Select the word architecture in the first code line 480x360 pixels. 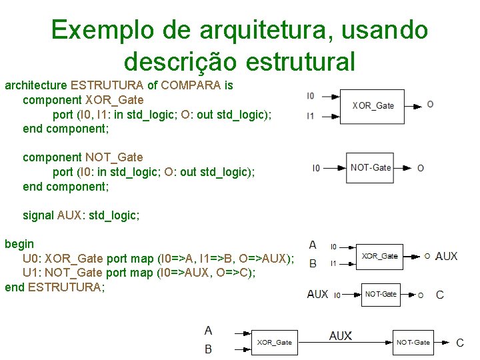[x=35, y=85]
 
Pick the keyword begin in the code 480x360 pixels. [x=19, y=244]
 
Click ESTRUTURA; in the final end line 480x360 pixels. [x=67, y=287]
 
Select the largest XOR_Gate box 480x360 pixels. [x=373, y=105]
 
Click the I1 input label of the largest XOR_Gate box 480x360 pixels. [x=311, y=116]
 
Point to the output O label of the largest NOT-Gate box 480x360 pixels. [x=421, y=168]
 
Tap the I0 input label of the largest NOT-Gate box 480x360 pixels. [x=316, y=168]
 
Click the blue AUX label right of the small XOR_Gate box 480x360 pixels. [x=447, y=256]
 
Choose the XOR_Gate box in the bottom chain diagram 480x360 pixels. [x=275, y=343]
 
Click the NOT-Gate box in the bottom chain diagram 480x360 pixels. [x=413, y=343]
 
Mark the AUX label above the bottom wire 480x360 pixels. [x=340, y=335]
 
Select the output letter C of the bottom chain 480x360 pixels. [x=459, y=343]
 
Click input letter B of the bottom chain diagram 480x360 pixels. [x=209, y=349]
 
